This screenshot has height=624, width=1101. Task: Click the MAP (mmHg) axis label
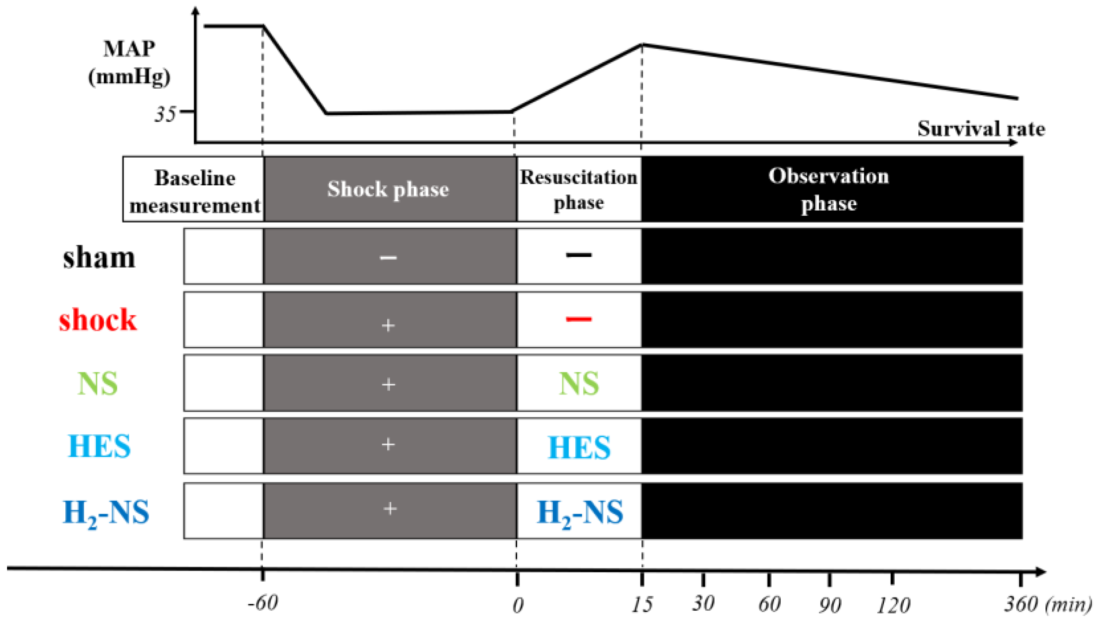point(129,63)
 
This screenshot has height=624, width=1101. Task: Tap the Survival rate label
point(981,129)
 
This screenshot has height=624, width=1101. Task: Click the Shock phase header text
point(388,189)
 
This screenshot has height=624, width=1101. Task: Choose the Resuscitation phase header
point(578,189)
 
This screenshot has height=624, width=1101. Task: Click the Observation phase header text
point(828,189)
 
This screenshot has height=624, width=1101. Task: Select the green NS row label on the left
point(97,383)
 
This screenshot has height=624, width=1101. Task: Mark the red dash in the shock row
point(578,319)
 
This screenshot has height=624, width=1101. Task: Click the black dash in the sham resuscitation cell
point(578,255)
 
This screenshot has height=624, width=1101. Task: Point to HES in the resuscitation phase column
point(579,447)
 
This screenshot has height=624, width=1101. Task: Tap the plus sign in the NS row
point(388,384)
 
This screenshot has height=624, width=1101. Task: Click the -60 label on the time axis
point(263,603)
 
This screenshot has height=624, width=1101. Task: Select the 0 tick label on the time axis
point(518,605)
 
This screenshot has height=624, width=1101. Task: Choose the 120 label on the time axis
point(893,605)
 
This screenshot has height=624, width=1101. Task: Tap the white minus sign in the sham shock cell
point(388,258)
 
